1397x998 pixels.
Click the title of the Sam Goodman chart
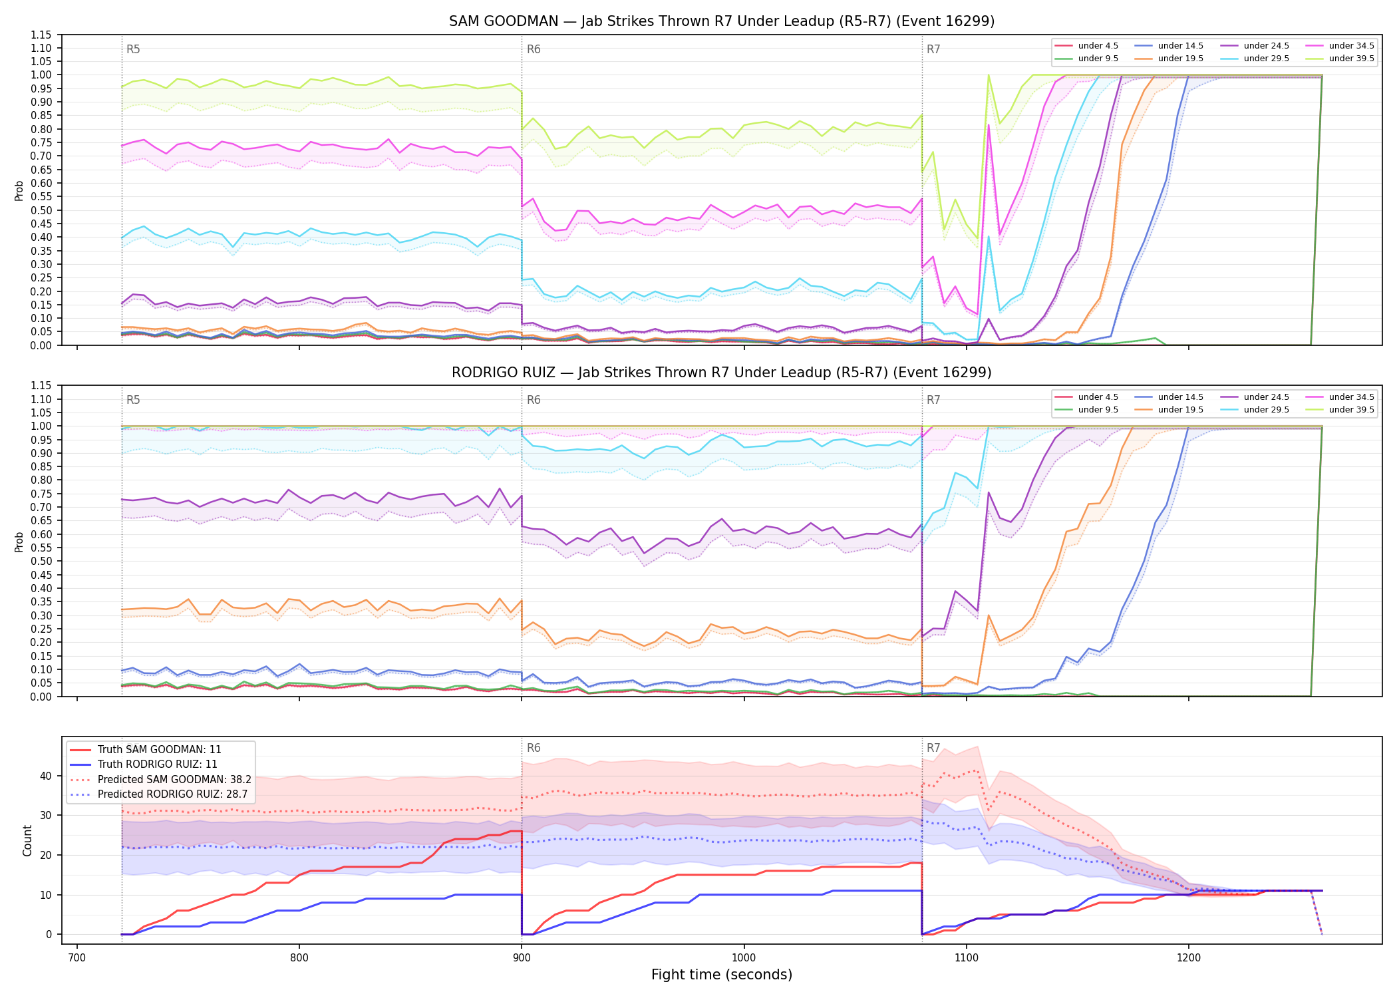coord(722,21)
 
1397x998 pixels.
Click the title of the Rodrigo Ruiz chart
coord(722,373)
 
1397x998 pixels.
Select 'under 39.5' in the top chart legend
coord(1351,59)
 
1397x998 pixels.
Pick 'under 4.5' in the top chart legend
coord(1098,46)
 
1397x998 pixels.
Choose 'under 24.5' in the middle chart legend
coord(1267,397)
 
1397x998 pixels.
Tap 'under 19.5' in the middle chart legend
coord(1181,410)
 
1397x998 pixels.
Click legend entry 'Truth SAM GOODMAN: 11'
coord(160,750)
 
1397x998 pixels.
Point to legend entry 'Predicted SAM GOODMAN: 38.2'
coord(174,779)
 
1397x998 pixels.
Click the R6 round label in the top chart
coord(534,49)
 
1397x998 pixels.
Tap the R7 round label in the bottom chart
coord(933,748)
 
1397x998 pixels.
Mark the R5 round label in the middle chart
coord(133,400)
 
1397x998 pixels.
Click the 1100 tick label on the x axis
coord(966,957)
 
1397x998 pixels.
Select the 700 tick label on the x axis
coord(77,957)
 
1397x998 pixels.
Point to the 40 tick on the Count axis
coord(46,776)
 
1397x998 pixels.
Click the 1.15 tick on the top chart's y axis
coord(41,35)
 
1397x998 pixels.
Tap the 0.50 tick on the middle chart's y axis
coord(41,562)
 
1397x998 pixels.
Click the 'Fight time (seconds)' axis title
coord(722,975)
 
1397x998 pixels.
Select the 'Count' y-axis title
coord(27,840)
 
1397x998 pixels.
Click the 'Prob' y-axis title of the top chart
coord(19,190)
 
